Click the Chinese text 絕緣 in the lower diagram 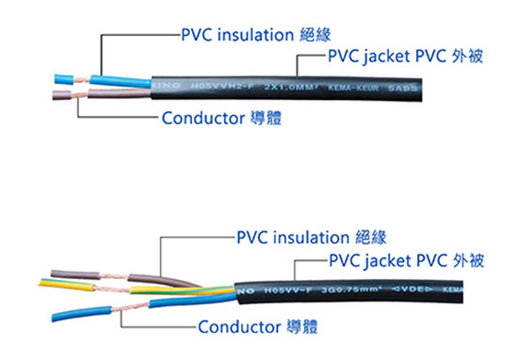pos(371,237)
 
